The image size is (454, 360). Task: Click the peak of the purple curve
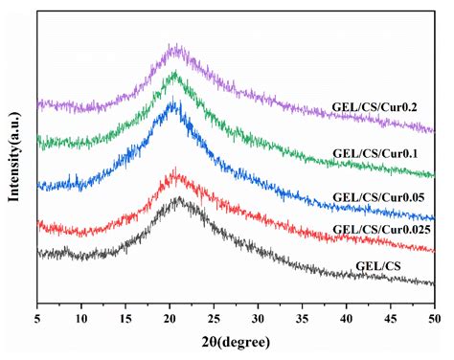(173, 45)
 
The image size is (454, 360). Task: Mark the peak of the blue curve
(172, 101)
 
